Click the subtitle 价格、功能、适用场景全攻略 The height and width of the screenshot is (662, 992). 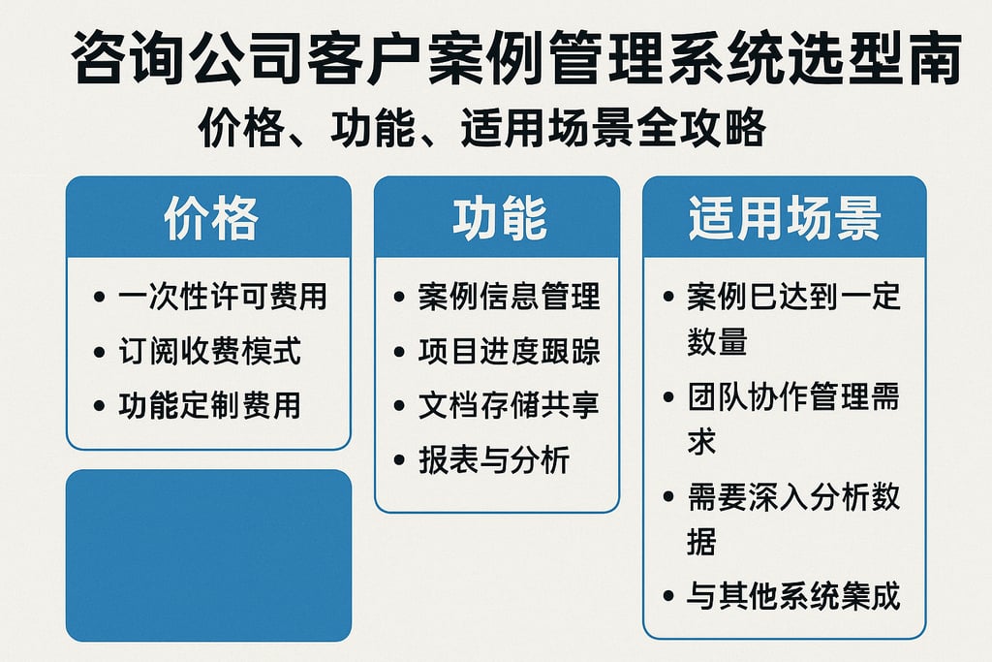(x=481, y=129)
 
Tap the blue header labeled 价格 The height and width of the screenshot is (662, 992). (x=208, y=219)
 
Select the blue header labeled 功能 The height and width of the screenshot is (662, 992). (x=497, y=219)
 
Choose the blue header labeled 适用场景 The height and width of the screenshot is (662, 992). (x=785, y=219)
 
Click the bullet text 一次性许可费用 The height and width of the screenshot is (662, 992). (x=222, y=297)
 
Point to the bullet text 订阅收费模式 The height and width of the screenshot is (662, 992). (x=209, y=351)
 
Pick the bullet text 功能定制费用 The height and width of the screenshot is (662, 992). (x=209, y=405)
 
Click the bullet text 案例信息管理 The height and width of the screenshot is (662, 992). (x=510, y=297)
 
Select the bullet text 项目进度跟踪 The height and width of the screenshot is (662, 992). (x=510, y=351)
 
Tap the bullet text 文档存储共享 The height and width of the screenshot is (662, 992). (x=510, y=405)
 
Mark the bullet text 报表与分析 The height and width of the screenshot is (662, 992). (x=494, y=459)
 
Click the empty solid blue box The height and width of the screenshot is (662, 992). (x=208, y=555)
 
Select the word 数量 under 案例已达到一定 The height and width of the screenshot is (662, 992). (x=717, y=341)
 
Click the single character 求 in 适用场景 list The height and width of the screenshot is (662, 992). (x=702, y=441)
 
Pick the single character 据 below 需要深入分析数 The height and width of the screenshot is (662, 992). (x=702, y=542)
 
